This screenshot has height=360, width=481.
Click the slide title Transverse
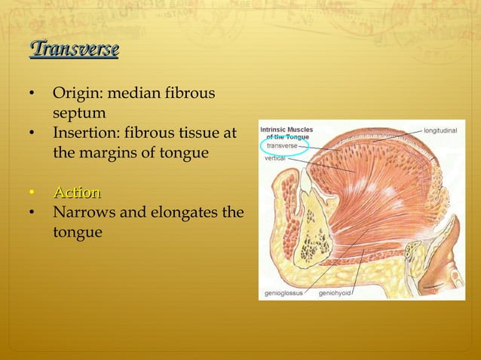coord(75,50)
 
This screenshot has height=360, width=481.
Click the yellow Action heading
coord(77,193)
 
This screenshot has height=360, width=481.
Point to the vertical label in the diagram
coord(274,159)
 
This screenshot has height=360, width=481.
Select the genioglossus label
coord(283,292)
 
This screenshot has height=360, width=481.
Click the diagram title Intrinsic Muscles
coord(286,130)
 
